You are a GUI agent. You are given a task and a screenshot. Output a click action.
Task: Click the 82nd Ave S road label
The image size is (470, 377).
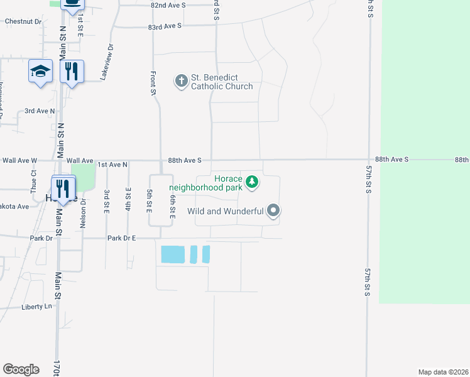[x=168, y=5]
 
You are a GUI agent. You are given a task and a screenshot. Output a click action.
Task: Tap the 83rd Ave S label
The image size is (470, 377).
[x=165, y=26]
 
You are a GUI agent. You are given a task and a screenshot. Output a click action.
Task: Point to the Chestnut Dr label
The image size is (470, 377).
[x=23, y=21]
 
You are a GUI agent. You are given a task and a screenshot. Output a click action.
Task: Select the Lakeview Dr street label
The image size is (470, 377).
[x=106, y=61]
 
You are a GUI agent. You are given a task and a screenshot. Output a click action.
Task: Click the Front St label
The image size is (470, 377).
[x=153, y=82]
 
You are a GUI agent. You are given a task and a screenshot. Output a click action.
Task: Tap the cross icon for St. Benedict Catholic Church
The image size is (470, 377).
[x=181, y=80]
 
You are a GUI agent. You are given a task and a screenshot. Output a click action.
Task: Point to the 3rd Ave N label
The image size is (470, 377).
[x=40, y=111]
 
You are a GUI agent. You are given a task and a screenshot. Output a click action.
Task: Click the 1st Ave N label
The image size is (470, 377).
[x=113, y=165]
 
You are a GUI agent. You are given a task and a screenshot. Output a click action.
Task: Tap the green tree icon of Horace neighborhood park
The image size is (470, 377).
[x=252, y=182]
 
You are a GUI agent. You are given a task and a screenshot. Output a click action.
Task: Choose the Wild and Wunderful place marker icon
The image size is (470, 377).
[x=273, y=211]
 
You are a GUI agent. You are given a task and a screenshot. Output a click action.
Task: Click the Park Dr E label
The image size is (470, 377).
[x=122, y=239]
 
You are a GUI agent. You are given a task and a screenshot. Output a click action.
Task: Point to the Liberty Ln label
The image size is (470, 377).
[x=36, y=307]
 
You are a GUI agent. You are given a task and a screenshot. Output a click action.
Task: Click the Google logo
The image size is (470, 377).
[x=20, y=369]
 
